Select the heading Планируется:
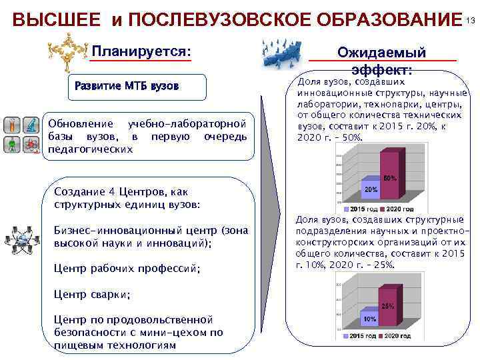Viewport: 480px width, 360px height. coord(141,51)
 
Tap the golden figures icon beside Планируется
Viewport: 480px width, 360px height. coord(68,51)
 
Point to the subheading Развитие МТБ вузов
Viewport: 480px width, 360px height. coord(127,87)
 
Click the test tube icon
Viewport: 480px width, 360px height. coord(12,125)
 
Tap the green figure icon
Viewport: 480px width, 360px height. coord(12,145)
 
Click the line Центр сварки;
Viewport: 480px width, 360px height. coord(92,294)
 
